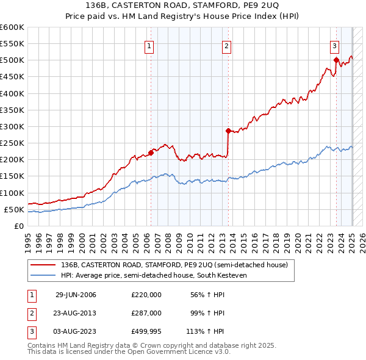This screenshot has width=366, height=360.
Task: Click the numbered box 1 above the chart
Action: tap(149, 45)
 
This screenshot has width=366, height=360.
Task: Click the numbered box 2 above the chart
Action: tap(226, 45)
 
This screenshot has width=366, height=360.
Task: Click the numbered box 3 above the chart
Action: tap(335, 45)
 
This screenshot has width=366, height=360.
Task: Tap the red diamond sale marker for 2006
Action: tap(151, 153)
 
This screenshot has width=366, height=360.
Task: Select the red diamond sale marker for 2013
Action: tap(228, 131)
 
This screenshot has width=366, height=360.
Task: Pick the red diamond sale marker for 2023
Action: tap(336, 60)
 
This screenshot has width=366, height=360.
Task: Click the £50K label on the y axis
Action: tap(15, 209)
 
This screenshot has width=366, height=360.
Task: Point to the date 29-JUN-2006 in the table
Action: tap(76, 295)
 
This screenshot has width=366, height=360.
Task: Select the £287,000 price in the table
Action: tap(146, 314)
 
